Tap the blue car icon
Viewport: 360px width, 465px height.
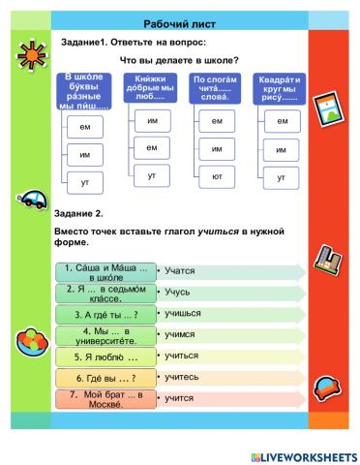click(30, 200)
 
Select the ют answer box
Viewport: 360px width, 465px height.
click(217, 177)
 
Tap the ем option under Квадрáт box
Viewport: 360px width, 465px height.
click(282, 121)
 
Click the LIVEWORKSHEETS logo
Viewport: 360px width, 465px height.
click(300, 454)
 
